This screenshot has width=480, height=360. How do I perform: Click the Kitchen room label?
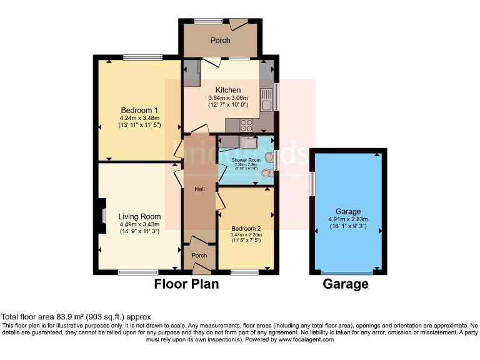pyautogui.click(x=228, y=90)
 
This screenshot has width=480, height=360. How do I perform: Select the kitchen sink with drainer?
pyautogui.click(x=266, y=97)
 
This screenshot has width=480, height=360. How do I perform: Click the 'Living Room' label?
pyautogui.click(x=140, y=216)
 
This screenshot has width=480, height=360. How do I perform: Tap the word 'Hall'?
pyautogui.click(x=199, y=189)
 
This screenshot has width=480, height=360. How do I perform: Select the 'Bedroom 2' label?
pyautogui.click(x=246, y=228)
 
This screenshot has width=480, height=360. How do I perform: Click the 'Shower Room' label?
pyautogui.click(x=246, y=161)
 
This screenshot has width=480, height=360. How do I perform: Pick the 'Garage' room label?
pyautogui.click(x=348, y=212)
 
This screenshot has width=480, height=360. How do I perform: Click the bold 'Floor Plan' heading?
pyautogui.click(x=186, y=284)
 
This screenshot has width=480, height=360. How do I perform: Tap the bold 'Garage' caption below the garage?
pyautogui.click(x=345, y=284)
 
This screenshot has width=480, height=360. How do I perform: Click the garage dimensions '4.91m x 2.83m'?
pyautogui.click(x=348, y=219)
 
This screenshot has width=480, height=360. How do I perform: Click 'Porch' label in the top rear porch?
pyautogui.click(x=220, y=41)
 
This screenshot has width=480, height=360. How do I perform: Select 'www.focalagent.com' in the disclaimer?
pyautogui.click(x=306, y=339)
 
